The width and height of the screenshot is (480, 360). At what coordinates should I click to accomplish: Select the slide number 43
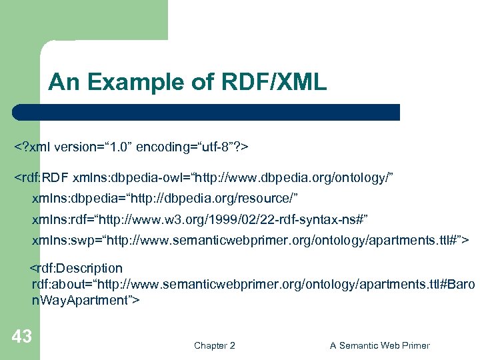tap(21, 337)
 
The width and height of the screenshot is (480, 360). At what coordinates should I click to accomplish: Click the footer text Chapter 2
tap(214, 345)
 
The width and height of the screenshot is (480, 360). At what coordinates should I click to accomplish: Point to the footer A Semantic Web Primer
tap(379, 345)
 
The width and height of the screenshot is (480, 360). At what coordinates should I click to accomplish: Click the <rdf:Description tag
tap(75, 268)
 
